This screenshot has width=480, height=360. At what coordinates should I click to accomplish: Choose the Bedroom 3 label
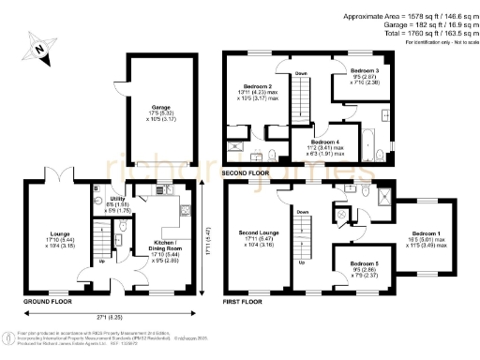coord(365,71)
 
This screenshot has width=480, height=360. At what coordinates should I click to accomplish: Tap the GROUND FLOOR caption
coord(44,303)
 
